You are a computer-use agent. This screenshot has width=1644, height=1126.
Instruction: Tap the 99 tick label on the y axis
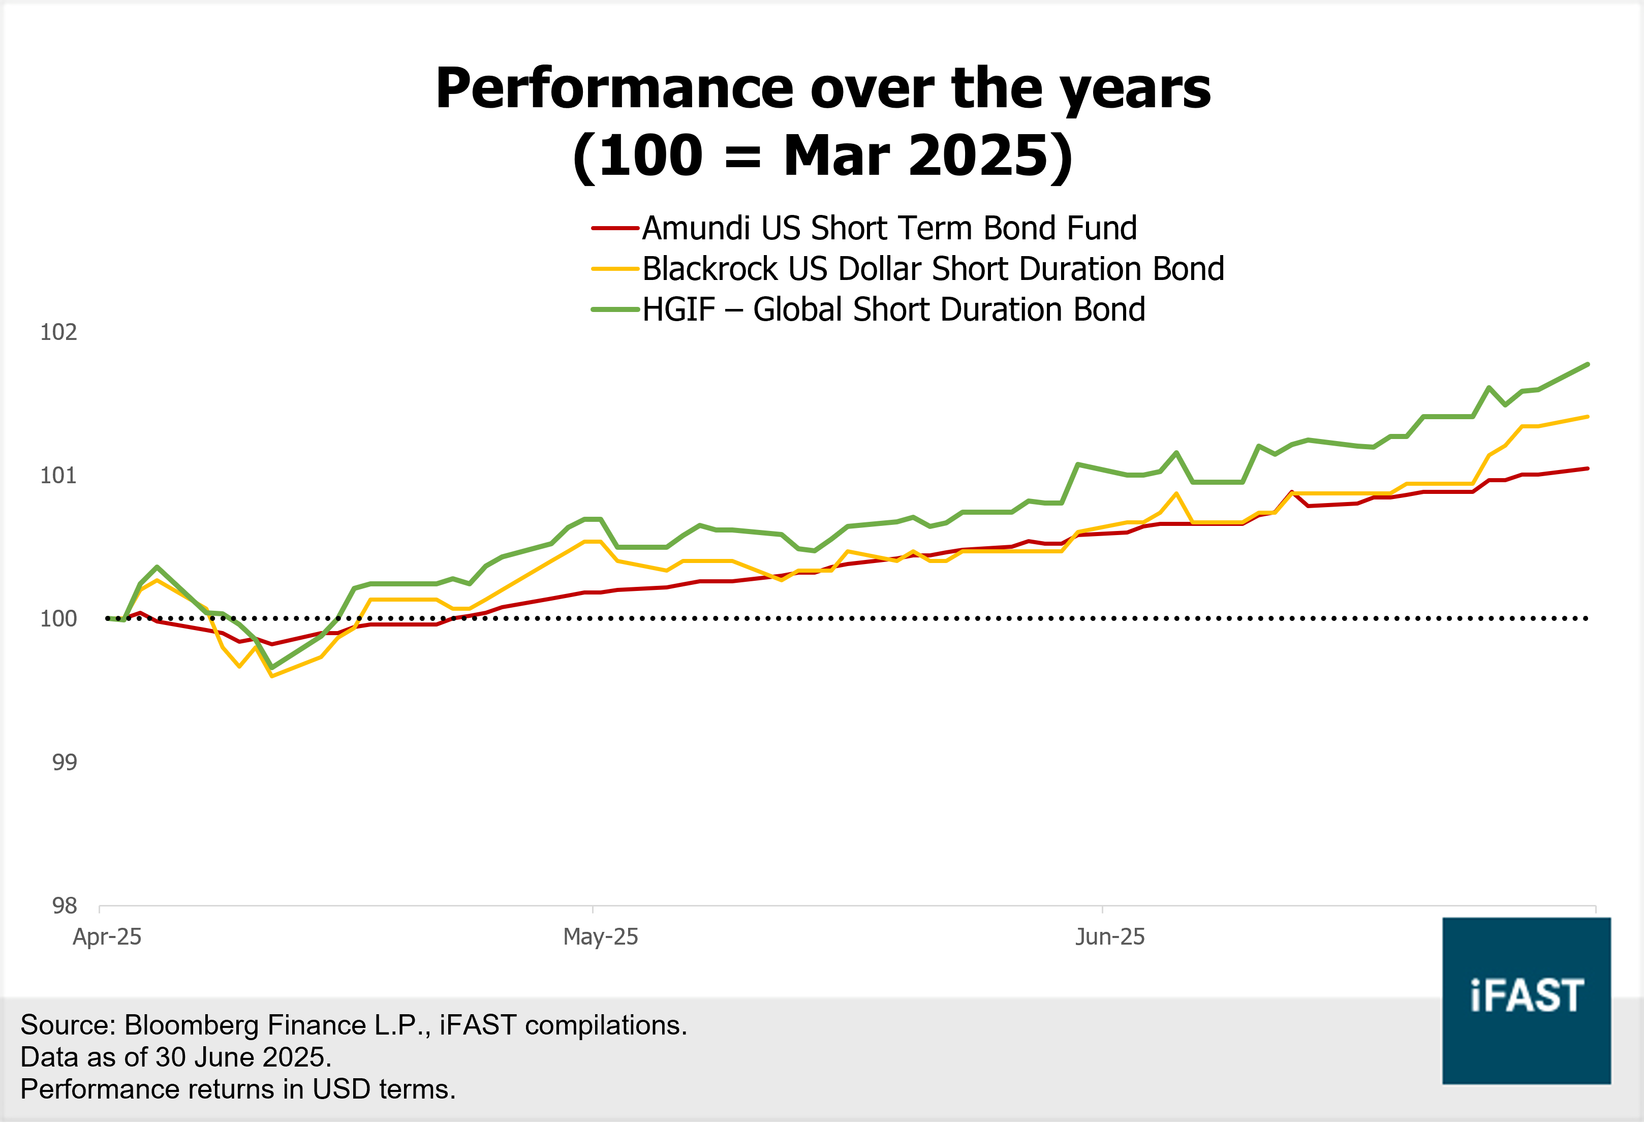tap(65, 763)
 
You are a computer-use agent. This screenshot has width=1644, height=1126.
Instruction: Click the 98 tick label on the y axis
tap(65, 905)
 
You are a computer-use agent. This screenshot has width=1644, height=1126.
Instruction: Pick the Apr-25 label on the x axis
tap(108, 936)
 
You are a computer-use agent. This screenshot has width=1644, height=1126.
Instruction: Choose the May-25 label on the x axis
tap(601, 936)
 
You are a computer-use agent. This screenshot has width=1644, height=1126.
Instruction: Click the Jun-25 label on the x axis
tap(1110, 936)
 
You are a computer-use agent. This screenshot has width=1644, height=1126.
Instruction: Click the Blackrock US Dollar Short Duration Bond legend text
tap(933, 269)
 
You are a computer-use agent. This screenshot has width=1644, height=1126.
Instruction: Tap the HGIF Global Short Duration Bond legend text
tap(893, 310)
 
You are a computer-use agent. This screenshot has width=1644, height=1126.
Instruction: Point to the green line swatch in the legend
tap(615, 310)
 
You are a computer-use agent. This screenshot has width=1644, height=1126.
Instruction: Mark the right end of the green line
tap(1588, 364)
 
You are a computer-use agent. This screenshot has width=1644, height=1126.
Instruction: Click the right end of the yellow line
tap(1588, 417)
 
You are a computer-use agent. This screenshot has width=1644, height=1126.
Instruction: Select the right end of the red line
tap(1588, 468)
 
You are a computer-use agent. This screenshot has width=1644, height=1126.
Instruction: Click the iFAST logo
tap(1527, 1000)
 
